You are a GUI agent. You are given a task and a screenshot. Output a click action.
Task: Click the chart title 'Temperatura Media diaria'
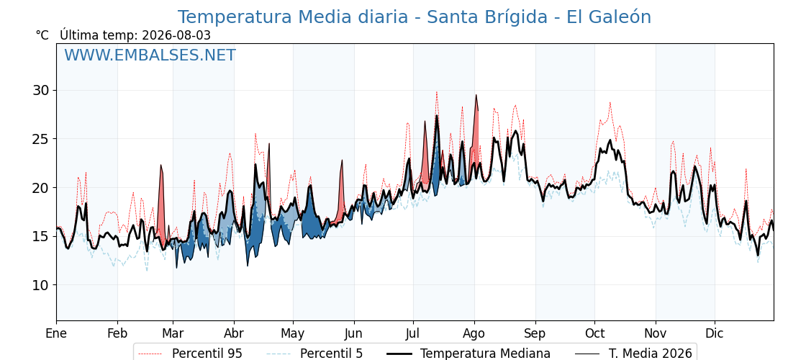292,17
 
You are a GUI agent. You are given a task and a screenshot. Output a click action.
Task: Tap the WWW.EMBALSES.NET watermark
150,55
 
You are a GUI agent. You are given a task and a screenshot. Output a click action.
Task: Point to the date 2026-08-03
176,35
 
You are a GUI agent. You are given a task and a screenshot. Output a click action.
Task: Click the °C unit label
42,35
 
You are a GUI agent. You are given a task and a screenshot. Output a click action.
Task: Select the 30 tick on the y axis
42,91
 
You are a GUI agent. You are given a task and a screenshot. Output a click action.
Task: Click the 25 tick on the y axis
42,139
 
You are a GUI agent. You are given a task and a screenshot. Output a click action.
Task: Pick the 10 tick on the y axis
42,285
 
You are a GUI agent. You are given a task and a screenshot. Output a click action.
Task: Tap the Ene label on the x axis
56,333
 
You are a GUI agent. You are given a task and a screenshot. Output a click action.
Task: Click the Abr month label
234,333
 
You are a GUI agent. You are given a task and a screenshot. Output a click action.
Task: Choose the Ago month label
474,333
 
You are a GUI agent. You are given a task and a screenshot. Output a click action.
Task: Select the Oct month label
594,333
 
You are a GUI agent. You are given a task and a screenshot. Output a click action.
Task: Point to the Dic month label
715,333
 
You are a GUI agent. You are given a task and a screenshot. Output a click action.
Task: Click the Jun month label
353,333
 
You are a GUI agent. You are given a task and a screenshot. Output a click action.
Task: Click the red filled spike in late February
162,206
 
